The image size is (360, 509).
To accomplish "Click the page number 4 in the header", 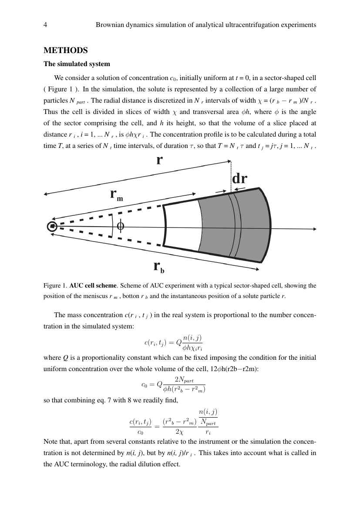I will [45, 25].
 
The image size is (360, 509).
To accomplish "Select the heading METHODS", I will [66, 50].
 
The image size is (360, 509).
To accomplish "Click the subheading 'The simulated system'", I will [77, 64].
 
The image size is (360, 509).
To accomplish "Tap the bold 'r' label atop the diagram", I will [159, 160].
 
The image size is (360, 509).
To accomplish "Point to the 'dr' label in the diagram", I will [239, 179].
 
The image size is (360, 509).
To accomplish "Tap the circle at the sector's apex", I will [52, 226].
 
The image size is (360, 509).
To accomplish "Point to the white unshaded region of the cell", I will [183, 226].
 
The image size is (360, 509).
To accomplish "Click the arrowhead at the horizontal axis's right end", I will [314, 229].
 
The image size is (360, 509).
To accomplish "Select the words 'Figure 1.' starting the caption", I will [55, 286].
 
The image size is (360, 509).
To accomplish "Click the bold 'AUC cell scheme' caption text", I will [93, 286].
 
